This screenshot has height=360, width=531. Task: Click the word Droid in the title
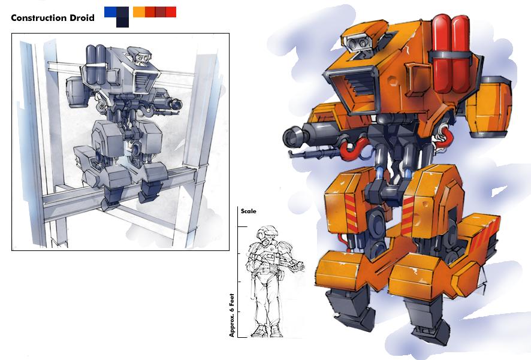point(82,18)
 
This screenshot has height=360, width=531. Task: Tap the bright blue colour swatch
point(110,12)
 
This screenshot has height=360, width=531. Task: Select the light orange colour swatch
point(139,12)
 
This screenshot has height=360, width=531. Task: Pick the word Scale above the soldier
point(248,211)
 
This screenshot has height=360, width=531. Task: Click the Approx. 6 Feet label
point(232,315)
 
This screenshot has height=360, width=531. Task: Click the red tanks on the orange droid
point(451,54)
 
